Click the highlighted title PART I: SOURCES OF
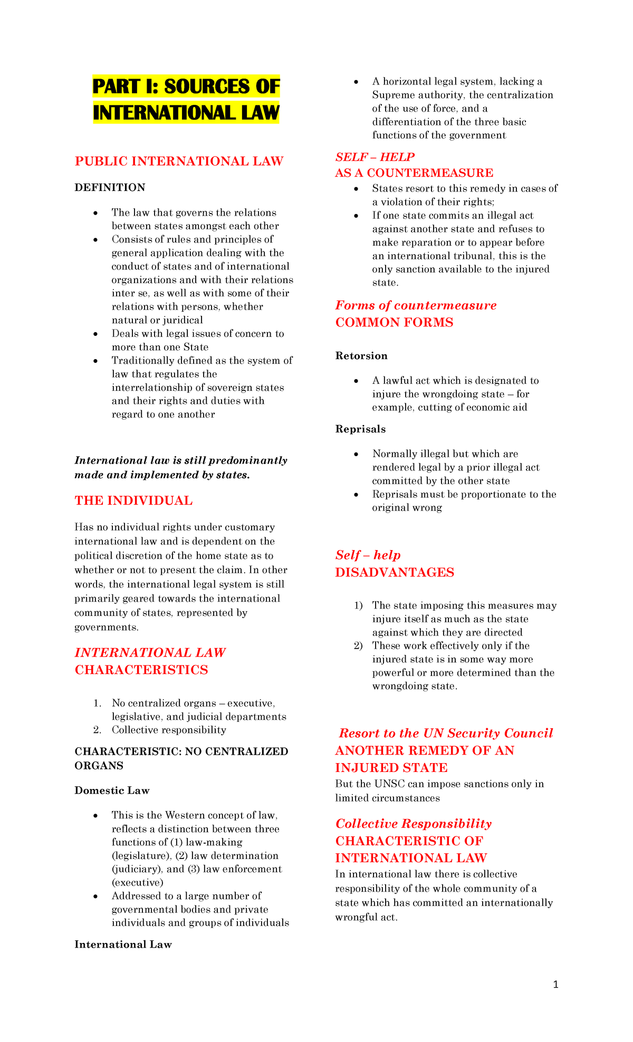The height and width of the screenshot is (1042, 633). [x=186, y=86]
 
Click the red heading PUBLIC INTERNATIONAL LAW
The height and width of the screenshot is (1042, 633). [x=179, y=161]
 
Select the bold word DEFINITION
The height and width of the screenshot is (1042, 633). [x=110, y=188]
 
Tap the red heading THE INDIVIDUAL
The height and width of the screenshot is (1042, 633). [x=133, y=500]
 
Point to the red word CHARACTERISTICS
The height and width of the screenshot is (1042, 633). [x=141, y=670]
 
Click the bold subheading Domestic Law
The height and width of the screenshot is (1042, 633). [x=112, y=790]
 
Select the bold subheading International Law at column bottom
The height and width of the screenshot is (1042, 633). [x=123, y=944]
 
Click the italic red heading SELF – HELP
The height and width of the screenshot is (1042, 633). [x=375, y=157]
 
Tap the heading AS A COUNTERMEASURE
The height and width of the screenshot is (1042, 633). [x=414, y=173]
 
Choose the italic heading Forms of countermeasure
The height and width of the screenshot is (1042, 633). [x=416, y=305]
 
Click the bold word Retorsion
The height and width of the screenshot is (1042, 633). [x=361, y=356]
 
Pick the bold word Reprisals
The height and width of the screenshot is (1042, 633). [x=360, y=429]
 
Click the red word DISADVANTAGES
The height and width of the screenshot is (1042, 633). [x=395, y=573]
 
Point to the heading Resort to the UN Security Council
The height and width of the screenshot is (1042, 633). [x=446, y=733]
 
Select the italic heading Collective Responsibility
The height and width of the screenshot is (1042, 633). [x=413, y=824]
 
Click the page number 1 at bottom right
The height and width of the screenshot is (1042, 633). [x=555, y=985]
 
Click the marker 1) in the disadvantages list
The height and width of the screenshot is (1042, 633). [x=359, y=606]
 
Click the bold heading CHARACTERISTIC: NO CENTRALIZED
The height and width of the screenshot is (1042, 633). [x=181, y=751]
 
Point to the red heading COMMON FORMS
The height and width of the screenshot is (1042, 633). [x=394, y=323]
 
